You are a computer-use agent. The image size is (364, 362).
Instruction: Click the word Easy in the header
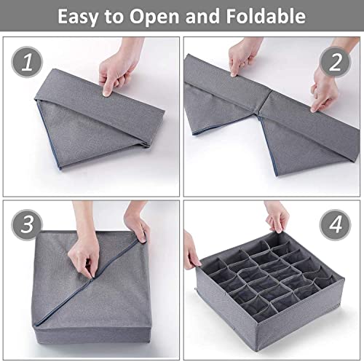click(x=78, y=16)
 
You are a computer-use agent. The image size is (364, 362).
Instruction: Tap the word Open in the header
click(x=154, y=16)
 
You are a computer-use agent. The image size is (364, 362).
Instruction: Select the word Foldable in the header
click(x=266, y=16)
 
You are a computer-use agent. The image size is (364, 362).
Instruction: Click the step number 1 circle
click(x=27, y=62)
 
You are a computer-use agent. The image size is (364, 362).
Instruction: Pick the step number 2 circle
click(x=335, y=62)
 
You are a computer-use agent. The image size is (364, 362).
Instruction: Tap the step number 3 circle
click(x=27, y=224)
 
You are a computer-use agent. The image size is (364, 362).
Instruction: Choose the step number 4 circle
click(x=335, y=224)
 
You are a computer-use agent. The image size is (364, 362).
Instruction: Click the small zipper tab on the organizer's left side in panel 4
click(x=196, y=288)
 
